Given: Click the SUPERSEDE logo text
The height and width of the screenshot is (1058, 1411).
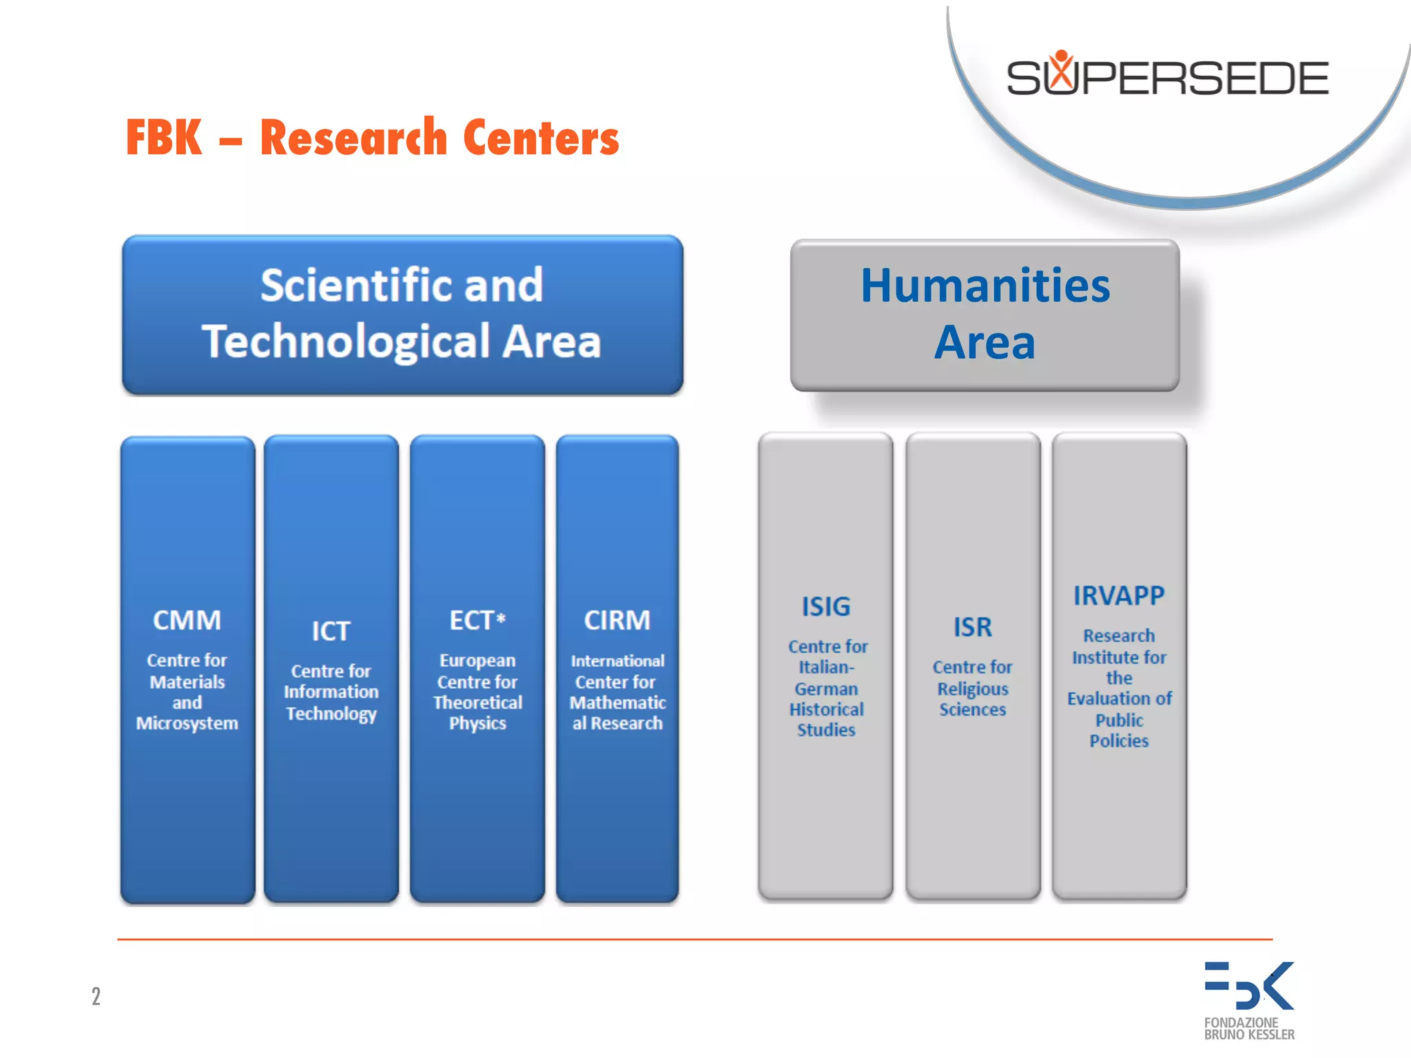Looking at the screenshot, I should [x=1167, y=78].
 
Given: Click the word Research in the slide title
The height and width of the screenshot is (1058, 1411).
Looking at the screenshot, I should [x=353, y=138].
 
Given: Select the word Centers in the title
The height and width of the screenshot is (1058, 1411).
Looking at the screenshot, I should [x=541, y=138].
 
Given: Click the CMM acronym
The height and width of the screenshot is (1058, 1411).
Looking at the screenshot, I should [x=187, y=620].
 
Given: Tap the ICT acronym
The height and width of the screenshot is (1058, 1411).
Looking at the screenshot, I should [x=331, y=631].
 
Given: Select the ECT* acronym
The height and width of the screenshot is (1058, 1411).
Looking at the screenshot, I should [x=477, y=620].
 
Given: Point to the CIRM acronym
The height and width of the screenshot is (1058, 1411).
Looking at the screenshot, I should [x=617, y=620].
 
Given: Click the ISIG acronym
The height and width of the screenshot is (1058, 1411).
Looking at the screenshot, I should [x=825, y=606].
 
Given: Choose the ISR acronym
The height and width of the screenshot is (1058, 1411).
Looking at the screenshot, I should [x=972, y=627].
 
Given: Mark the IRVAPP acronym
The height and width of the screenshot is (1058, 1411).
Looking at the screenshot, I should [x=1118, y=595].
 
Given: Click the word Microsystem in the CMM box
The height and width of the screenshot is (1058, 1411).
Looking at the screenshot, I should [x=187, y=723].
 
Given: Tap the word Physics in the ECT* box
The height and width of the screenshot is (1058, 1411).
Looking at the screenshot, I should [x=477, y=723].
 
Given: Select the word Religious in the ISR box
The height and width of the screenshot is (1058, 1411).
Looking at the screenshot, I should [x=972, y=688].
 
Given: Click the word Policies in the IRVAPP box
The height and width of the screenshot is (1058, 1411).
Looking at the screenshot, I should [x=1119, y=740].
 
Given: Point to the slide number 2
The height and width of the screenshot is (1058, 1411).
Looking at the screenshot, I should [x=96, y=996].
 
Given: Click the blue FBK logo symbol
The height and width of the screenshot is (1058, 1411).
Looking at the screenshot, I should [x=1248, y=986].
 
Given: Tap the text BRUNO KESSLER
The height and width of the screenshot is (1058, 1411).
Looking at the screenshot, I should [x=1248, y=1035].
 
